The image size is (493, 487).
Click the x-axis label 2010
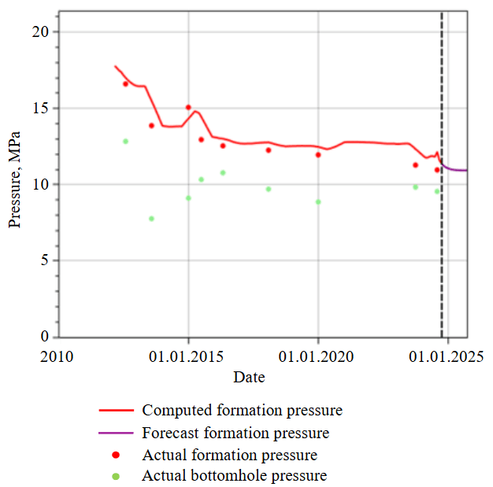click(57, 357)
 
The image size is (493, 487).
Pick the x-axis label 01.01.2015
click(188, 357)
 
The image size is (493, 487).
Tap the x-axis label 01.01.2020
click(318, 357)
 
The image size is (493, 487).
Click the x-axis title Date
click(249, 378)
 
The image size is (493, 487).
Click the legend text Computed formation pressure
click(242, 411)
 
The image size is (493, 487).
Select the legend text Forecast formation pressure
click(235, 434)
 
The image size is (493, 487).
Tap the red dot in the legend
click(117, 456)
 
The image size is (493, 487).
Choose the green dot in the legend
click(117, 476)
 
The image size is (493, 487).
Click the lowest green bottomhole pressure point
click(151, 219)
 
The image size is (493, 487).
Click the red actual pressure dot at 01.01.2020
click(318, 155)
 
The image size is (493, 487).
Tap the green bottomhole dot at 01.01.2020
click(318, 201)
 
